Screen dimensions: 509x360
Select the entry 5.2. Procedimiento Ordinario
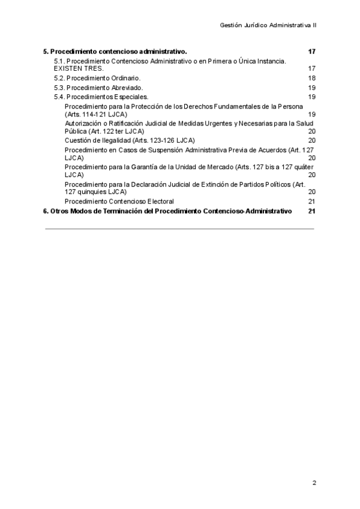click(x=97, y=79)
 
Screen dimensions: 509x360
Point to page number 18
click(x=311, y=79)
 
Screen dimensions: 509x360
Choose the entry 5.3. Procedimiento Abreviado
click(x=98, y=88)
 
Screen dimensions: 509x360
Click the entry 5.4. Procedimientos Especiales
click(x=101, y=97)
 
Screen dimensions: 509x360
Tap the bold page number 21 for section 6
click(x=311, y=211)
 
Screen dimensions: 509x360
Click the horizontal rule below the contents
click(x=179, y=229)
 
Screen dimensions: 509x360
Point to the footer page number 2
click(x=314, y=483)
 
